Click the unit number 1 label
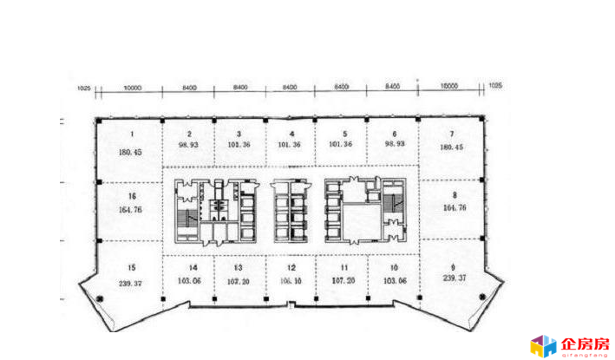[x=132, y=134]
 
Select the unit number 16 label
[x=132, y=197]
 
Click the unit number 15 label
[x=132, y=267]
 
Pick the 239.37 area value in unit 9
[x=453, y=280]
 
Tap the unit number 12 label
[x=292, y=268]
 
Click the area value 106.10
[x=292, y=281]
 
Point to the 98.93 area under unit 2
[x=188, y=146]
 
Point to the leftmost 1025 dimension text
[x=84, y=87]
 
